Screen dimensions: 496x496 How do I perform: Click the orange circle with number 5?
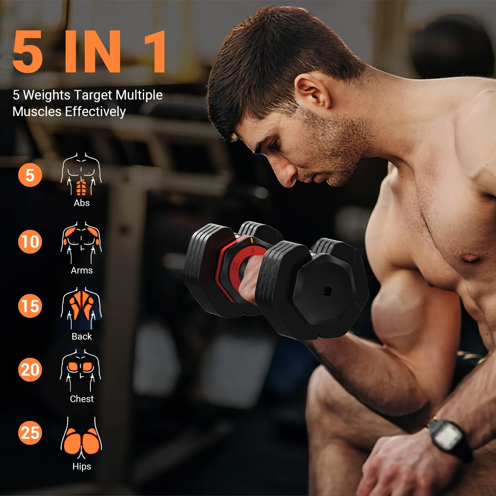[x=30, y=175]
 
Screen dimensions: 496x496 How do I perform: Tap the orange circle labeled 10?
[x=30, y=241]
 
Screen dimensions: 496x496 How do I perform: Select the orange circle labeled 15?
[x=30, y=306]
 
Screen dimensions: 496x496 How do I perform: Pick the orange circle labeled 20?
[x=30, y=369]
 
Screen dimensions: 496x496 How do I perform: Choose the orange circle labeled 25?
[x=30, y=433]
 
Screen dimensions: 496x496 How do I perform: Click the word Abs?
[x=82, y=203]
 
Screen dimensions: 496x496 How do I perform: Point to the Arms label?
[x=82, y=270]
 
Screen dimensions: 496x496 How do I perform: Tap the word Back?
[x=82, y=336]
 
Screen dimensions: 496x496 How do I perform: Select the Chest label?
[x=82, y=399]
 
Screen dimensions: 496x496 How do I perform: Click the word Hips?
[x=82, y=466]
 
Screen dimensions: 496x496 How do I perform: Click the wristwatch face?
[x=447, y=436]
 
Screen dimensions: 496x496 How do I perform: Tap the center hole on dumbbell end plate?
[x=327, y=291]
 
